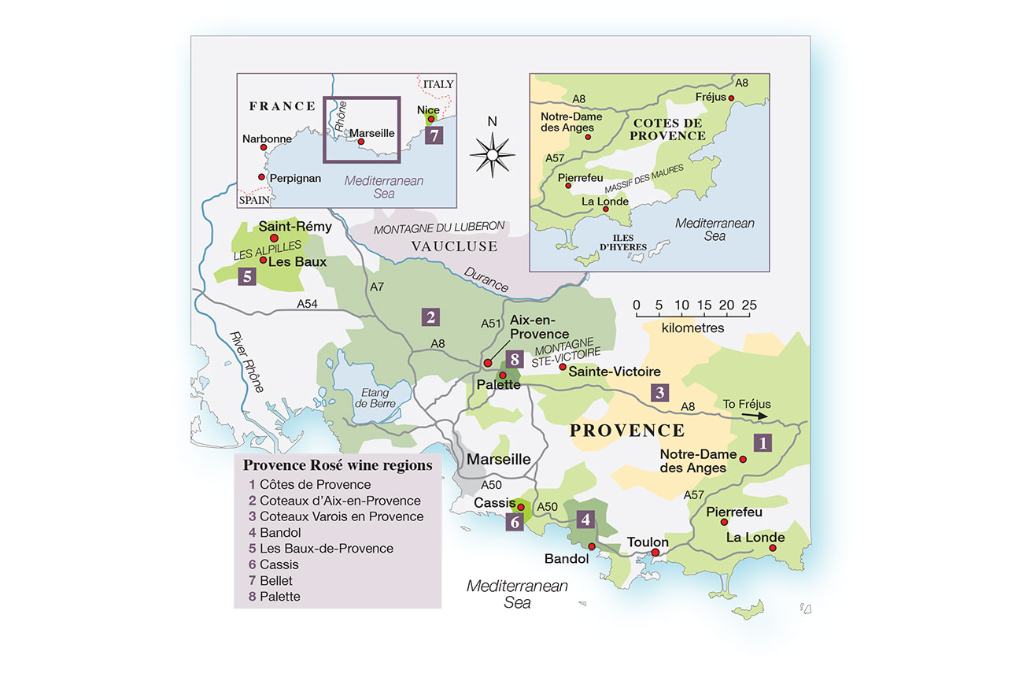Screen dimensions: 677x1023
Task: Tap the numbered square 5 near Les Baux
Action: (x=248, y=276)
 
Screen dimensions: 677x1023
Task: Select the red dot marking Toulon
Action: (x=656, y=553)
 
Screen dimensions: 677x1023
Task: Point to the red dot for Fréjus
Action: (x=732, y=99)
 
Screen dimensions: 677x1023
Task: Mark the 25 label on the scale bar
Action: (x=748, y=305)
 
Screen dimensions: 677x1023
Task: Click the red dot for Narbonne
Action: (x=265, y=148)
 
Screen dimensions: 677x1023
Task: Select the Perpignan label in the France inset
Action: (x=295, y=179)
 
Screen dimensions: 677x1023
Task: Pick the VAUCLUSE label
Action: (x=454, y=246)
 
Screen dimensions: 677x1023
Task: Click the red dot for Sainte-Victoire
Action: (x=562, y=368)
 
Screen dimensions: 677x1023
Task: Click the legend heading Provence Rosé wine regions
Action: (x=338, y=465)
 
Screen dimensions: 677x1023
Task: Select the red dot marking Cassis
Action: (x=520, y=508)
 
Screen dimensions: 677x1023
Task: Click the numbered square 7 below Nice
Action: (x=433, y=135)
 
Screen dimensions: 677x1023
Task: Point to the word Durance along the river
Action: (x=486, y=279)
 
